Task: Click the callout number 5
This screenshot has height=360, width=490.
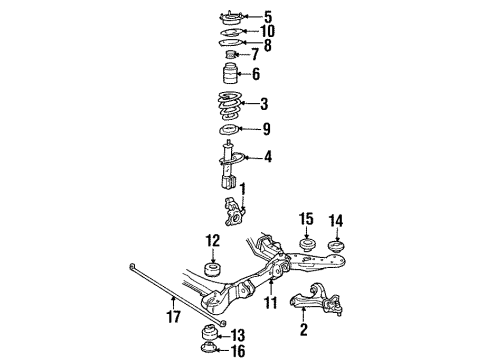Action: tap(268, 16)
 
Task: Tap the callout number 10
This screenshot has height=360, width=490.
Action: tap(267, 31)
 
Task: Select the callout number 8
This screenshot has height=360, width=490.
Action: tap(267, 44)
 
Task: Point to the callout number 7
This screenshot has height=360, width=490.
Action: tap(255, 53)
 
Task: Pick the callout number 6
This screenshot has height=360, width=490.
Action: tap(256, 74)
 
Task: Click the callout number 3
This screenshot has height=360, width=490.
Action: tap(264, 103)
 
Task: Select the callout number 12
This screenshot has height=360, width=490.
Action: tap(212, 240)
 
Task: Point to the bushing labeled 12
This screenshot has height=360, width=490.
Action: tap(212, 269)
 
